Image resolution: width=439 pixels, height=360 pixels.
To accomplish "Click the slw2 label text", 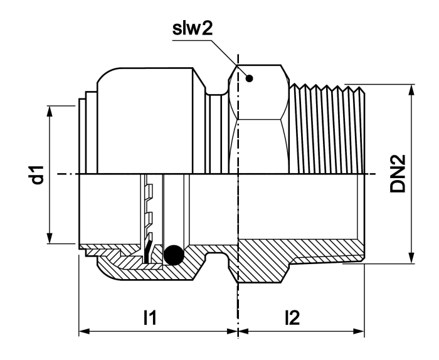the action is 193,29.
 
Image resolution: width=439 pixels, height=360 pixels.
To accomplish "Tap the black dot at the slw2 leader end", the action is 249,78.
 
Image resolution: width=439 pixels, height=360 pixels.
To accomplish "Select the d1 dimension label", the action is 38,175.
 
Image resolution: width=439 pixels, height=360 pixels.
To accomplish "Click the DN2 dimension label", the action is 398,174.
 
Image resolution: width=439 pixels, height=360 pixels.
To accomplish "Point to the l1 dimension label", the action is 150,317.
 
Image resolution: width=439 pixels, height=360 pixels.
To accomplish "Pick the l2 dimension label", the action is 292,317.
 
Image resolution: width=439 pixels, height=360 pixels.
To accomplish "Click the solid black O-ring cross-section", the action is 174,255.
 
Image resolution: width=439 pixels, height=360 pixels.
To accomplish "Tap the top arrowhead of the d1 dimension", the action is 50,111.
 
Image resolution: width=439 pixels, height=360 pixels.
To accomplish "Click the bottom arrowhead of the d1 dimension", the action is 50,238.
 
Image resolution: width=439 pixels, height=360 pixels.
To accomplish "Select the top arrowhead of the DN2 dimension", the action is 411,90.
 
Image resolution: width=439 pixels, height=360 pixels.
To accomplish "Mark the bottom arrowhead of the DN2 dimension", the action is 411,258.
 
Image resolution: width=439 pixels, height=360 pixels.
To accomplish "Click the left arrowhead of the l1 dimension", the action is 84,331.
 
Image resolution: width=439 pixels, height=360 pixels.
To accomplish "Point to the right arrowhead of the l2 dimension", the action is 359,331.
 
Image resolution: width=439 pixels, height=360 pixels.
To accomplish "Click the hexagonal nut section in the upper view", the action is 259,120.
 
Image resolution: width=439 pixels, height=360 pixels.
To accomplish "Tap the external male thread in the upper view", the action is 327,129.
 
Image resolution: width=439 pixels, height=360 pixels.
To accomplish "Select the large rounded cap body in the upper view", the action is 145,121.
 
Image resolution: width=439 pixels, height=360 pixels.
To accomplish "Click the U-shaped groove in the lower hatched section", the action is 217,255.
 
